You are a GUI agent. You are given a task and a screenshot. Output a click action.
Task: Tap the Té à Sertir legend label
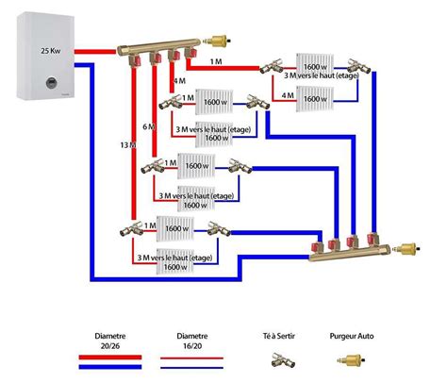(280, 335)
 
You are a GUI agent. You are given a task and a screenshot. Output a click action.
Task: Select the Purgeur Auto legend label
(354, 335)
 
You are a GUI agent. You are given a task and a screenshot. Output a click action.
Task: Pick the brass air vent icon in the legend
(354, 358)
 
